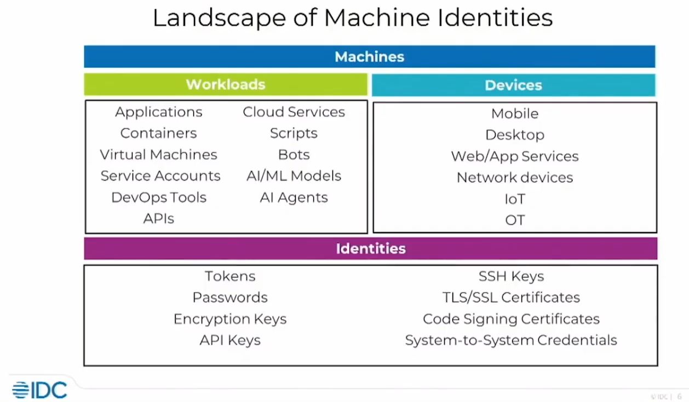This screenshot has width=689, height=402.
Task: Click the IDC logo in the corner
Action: (39, 389)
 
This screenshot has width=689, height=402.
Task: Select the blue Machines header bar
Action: (369, 56)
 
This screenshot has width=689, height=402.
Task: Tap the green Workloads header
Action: (225, 84)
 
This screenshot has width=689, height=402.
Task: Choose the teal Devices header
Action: (513, 85)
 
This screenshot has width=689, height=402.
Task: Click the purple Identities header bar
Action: (370, 249)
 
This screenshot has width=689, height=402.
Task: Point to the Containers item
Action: (158, 133)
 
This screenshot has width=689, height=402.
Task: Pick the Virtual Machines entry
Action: (158, 154)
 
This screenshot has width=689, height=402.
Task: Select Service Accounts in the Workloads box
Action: (160, 176)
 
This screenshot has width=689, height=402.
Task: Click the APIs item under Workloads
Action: (158, 219)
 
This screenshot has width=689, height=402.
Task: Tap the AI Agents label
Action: (294, 197)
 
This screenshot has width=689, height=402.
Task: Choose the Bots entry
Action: (294, 154)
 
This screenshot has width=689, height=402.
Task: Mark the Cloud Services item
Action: (294, 112)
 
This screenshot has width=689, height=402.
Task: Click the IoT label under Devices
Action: (514, 199)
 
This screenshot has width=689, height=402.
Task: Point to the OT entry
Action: (514, 220)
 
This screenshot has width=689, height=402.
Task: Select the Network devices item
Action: (514, 177)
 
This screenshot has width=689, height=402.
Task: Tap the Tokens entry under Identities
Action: (230, 276)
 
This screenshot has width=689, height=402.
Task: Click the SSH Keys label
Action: (511, 276)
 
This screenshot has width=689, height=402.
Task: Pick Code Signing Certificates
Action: (511, 319)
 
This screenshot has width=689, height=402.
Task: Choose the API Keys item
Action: (230, 340)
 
